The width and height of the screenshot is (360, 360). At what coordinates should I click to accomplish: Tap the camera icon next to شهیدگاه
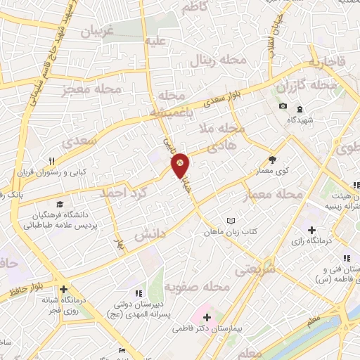(283, 106)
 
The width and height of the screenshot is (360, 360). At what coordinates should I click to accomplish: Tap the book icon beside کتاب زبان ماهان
(231, 221)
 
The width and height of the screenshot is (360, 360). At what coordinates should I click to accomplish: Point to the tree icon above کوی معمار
(272, 160)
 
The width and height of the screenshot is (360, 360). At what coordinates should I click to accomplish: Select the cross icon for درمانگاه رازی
(311, 230)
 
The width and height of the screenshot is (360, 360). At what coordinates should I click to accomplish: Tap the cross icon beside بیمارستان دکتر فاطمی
(207, 316)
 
